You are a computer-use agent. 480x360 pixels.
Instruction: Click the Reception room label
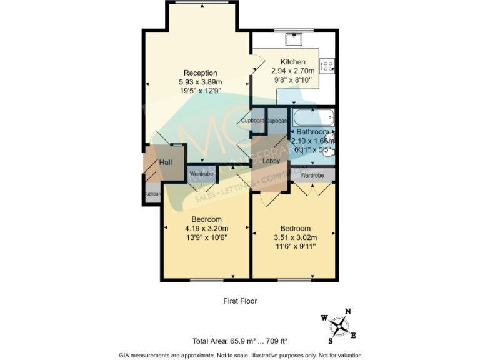pos(200,73)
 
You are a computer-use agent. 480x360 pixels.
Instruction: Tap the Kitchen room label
pos(292,62)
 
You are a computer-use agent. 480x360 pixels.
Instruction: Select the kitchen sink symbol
pos(293,39)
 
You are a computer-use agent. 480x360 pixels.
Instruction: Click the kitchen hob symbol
pos(327,65)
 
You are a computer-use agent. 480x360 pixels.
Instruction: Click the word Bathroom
pos(312,132)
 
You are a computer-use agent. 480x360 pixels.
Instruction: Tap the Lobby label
pos(271,161)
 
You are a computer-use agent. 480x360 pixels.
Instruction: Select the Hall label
pos(165,162)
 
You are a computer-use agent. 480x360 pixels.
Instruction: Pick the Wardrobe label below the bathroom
pos(312,176)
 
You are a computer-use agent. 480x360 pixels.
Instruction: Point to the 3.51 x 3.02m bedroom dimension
pos(295,237)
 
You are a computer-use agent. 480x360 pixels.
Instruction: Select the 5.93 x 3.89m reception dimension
pos(200,82)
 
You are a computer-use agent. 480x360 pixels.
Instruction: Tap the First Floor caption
pos(240,301)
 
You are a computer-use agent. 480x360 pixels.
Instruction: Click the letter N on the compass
pos(348,311)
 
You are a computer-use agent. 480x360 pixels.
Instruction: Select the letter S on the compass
pos(331,341)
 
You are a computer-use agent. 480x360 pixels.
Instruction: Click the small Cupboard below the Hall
pos(152,194)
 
